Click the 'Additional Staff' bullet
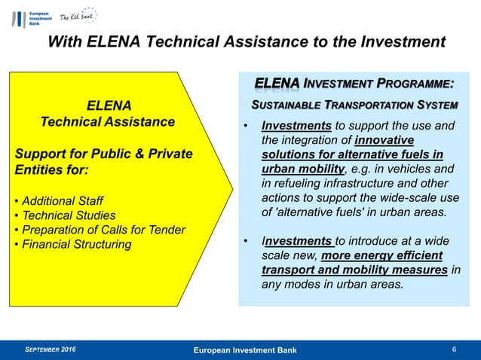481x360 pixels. point(62,201)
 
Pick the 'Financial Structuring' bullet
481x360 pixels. point(72,244)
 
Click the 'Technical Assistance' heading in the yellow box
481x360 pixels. point(107,121)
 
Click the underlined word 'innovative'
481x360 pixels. point(384,140)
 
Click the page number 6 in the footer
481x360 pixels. point(454,349)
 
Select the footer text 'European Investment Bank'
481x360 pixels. point(244,350)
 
